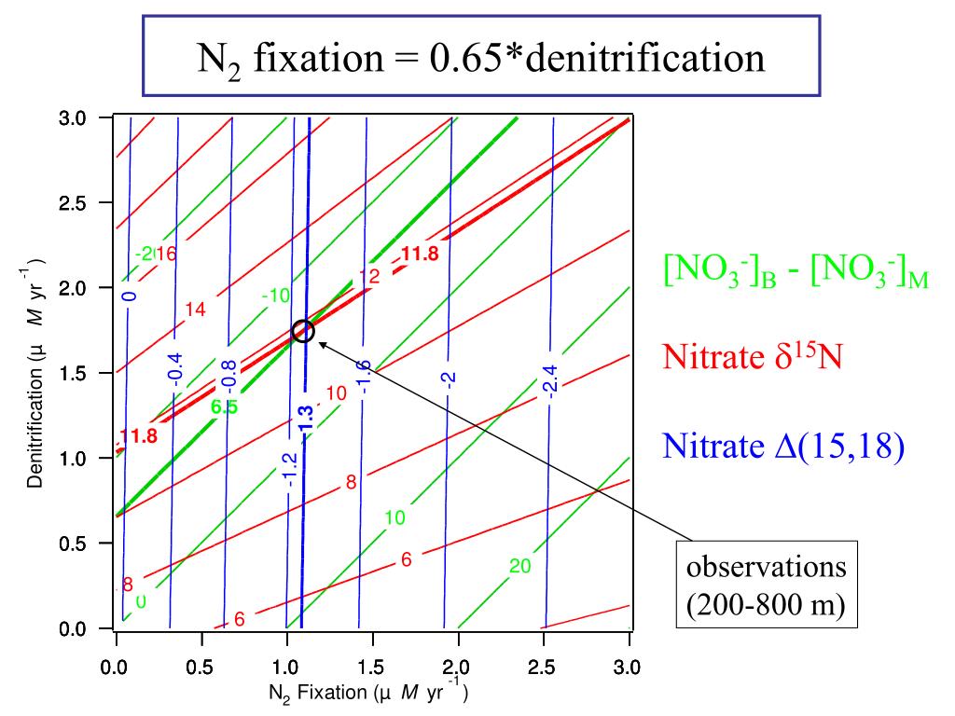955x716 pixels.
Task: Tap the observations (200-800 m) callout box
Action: (767, 584)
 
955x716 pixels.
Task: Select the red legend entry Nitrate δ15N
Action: (753, 355)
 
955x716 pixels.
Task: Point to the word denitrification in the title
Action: (645, 58)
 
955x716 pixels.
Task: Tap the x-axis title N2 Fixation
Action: (317, 693)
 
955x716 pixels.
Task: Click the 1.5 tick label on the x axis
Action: (370, 668)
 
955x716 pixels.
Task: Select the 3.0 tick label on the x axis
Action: (627, 668)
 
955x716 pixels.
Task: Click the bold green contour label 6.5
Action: (224, 407)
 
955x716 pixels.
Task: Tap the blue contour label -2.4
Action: (550, 381)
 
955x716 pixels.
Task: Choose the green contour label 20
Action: (519, 566)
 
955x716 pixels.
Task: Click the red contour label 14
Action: (195, 310)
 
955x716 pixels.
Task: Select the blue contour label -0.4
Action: (175, 369)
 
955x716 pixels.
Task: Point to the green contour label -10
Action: (276, 296)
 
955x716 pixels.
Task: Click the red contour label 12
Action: (369, 276)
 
